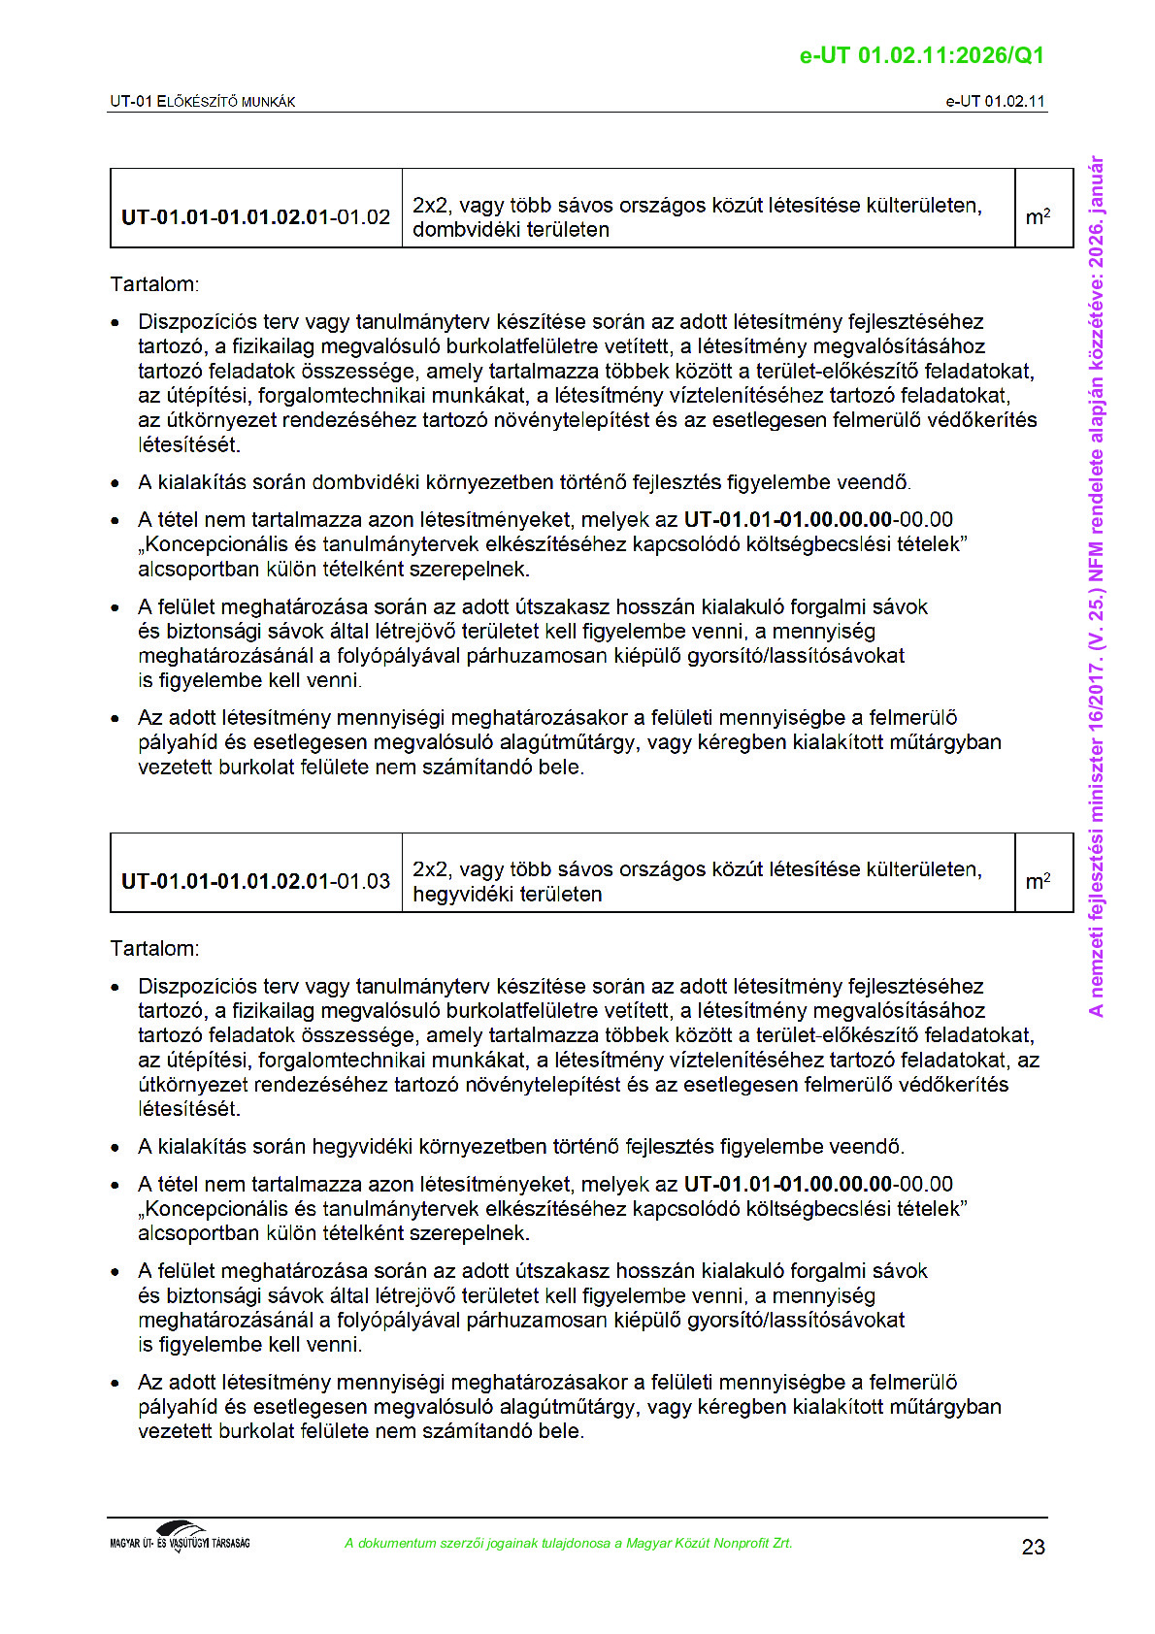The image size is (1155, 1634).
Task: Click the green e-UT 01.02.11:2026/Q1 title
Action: pyautogui.click(x=921, y=55)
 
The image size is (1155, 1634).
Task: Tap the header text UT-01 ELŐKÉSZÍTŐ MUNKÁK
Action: pyautogui.click(x=202, y=101)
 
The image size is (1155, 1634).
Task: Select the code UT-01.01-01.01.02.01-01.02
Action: pyautogui.click(x=255, y=216)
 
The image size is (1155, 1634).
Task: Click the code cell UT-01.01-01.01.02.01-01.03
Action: pyautogui.click(x=255, y=881)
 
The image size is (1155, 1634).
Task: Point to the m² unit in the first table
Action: pyautogui.click(x=1038, y=216)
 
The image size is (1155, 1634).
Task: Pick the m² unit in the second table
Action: pyautogui.click(x=1038, y=881)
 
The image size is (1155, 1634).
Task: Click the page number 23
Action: pyautogui.click(x=1033, y=1547)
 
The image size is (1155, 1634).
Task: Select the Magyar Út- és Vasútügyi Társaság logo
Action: pyautogui.click(x=180, y=1537)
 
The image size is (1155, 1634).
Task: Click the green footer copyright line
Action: pyautogui.click(x=568, y=1543)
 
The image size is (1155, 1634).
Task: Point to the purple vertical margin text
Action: pyautogui.click(x=1096, y=586)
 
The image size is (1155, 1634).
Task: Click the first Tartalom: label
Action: pyautogui.click(x=154, y=284)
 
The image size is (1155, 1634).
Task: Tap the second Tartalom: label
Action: pyautogui.click(x=154, y=948)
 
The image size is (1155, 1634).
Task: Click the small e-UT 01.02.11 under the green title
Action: pyautogui.click(x=995, y=101)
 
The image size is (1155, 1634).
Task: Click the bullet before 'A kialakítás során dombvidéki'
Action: pyautogui.click(x=116, y=482)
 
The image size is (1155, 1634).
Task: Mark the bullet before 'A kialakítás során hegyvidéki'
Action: pyautogui.click(x=116, y=1147)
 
